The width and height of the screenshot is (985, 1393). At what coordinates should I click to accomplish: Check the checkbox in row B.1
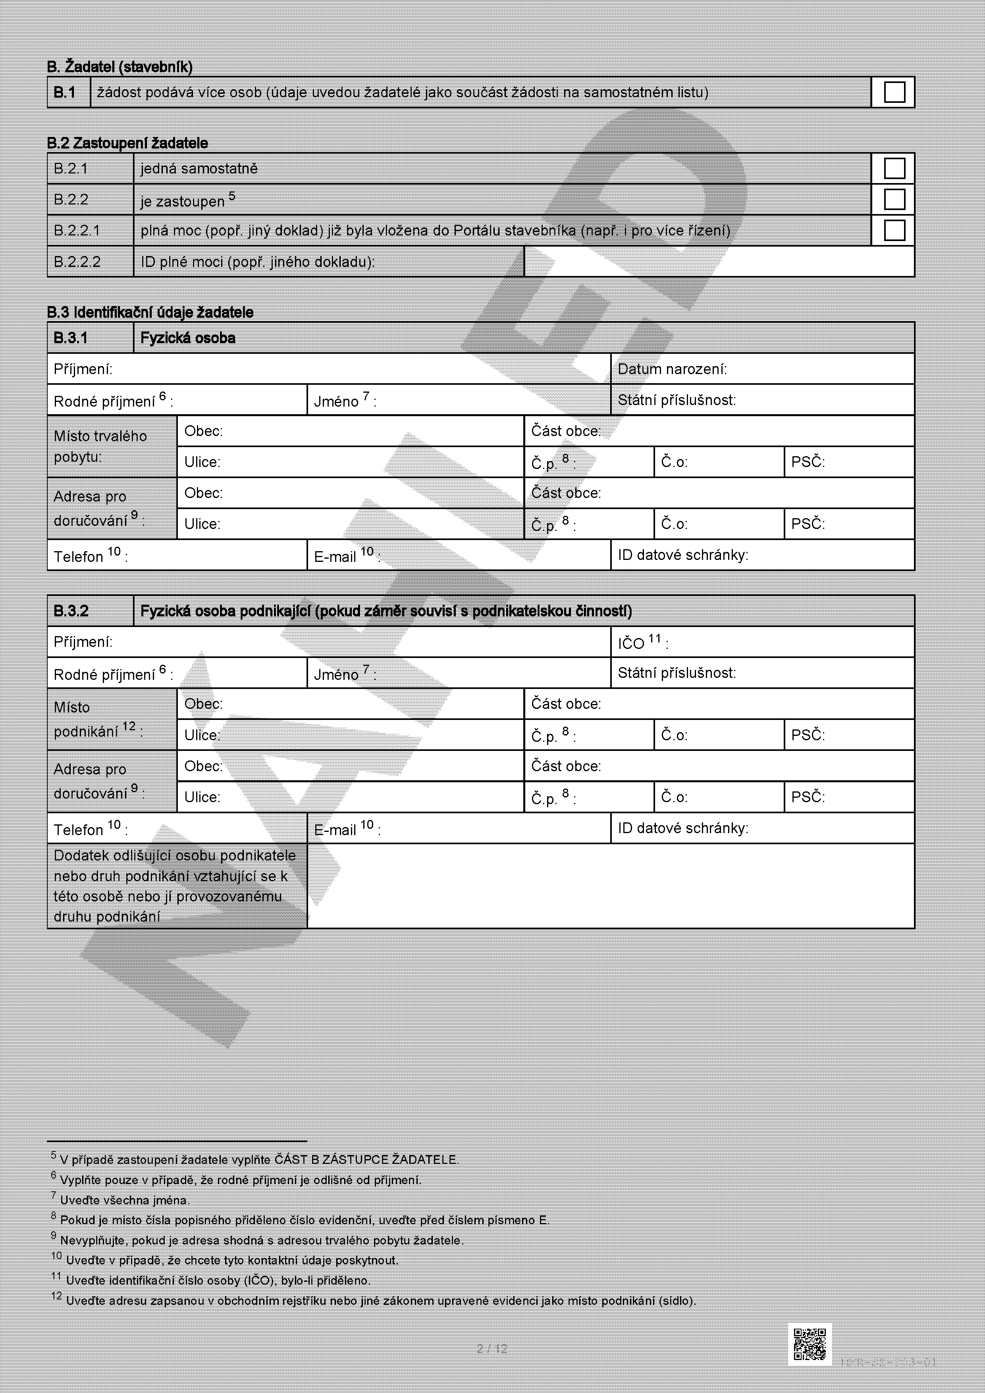pos(894,92)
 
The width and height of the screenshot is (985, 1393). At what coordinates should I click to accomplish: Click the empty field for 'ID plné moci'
pos(719,262)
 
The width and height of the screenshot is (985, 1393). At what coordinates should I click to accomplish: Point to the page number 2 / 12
pos(492,1348)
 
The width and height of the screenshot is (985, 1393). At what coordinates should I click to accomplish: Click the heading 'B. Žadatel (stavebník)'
pos(120,67)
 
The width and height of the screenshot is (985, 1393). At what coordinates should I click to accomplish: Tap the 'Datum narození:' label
pos(672,369)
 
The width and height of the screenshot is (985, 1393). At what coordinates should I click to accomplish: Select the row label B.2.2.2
pos(77,262)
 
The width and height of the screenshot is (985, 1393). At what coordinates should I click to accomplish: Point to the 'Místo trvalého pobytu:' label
pos(100,446)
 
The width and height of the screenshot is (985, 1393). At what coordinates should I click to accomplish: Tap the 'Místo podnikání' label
pos(97,720)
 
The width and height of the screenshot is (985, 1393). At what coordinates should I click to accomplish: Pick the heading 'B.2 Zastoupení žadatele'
pos(127,143)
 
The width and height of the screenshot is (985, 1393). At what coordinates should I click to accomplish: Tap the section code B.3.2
pos(71,611)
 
